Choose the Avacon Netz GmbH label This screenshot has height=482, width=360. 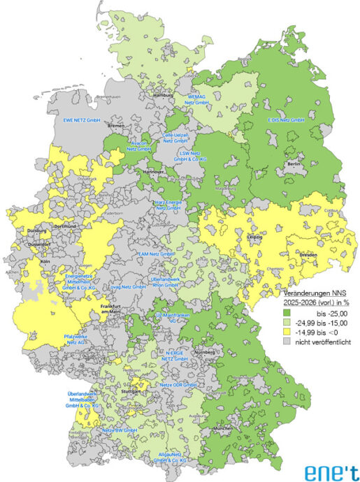(139, 145)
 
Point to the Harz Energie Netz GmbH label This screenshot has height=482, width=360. (168, 205)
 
